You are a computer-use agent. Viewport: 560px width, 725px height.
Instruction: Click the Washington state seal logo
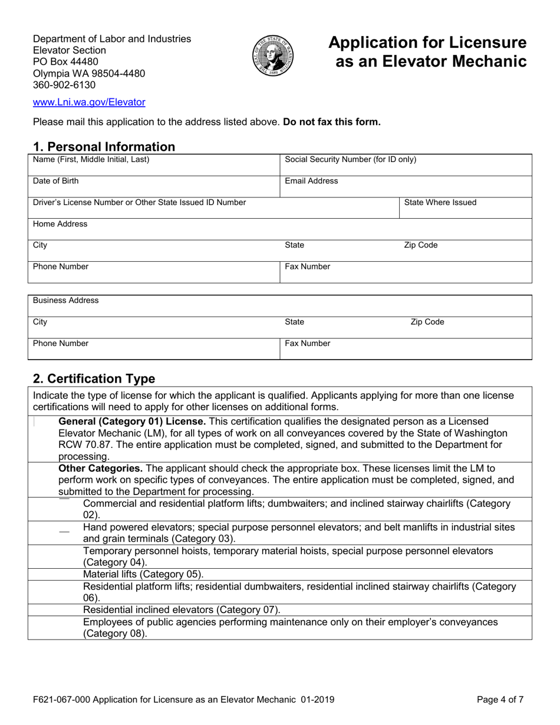[x=274, y=56]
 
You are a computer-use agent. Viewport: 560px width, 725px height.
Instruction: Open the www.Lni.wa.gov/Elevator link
[x=89, y=102]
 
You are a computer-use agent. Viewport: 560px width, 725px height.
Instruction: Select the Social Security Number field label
[x=350, y=160]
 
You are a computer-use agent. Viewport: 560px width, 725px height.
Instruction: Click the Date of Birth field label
[x=55, y=181]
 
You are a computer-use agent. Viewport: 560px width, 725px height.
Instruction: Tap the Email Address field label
[x=311, y=181]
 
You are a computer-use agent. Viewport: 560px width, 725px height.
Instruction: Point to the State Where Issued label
[x=440, y=203]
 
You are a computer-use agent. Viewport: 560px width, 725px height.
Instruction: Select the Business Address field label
[x=66, y=301]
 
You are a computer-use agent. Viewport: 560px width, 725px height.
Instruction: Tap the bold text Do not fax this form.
[x=332, y=123]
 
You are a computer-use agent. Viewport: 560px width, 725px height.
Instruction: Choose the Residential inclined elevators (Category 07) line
[x=182, y=609]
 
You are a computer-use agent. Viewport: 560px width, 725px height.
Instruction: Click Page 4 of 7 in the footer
[x=499, y=700]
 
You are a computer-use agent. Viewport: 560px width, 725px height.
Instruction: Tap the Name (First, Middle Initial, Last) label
[x=91, y=160]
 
